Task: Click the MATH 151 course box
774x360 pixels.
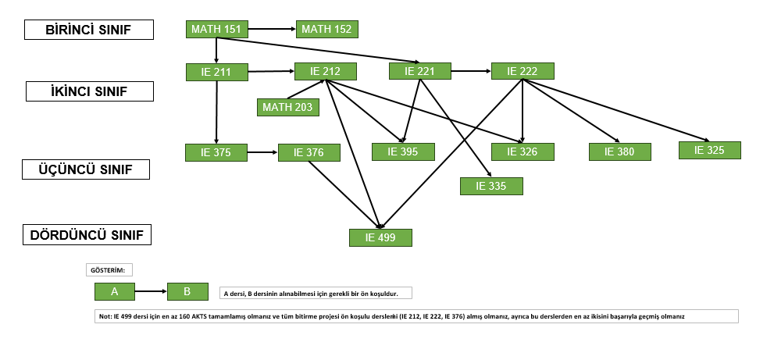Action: click(216, 29)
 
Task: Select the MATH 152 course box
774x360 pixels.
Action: click(326, 29)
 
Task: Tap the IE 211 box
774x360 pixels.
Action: click(216, 73)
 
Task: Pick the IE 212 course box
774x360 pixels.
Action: click(325, 72)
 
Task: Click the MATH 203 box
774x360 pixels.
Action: click(287, 107)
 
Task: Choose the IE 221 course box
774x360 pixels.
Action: click(419, 71)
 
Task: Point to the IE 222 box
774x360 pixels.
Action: click(523, 71)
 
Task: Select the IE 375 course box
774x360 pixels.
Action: click(216, 152)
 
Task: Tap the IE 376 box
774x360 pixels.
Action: click(309, 152)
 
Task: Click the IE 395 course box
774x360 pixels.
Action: click(403, 151)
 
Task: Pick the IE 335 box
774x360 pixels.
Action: click(491, 186)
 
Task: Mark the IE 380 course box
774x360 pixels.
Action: click(619, 151)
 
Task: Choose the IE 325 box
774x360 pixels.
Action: click(709, 150)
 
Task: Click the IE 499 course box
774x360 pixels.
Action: click(380, 237)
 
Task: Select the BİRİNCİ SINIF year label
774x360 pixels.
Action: click(89, 30)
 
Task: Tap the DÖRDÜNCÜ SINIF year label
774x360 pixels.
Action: click(87, 235)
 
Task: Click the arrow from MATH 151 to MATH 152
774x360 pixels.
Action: click(272, 29)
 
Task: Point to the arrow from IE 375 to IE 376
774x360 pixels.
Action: click(262, 152)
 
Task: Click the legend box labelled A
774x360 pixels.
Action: click(115, 291)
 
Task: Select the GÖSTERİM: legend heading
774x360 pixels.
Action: click(109, 270)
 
